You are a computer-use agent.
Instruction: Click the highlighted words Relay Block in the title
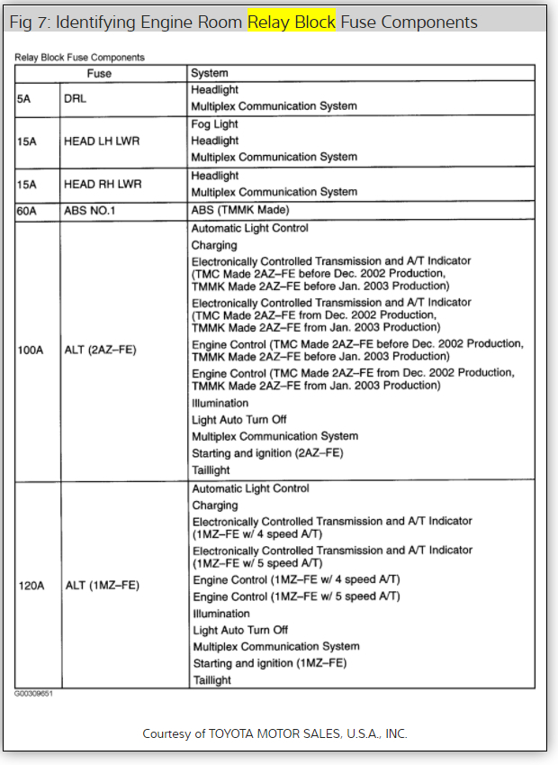click(292, 22)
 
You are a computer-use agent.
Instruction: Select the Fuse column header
click(99, 73)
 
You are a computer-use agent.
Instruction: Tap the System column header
click(210, 73)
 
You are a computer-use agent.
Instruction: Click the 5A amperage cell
click(24, 98)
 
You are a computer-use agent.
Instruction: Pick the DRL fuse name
click(75, 98)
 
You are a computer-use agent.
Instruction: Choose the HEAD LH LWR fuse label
click(102, 141)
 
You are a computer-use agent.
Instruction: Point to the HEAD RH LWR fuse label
click(103, 184)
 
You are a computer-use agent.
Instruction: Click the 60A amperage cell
click(28, 211)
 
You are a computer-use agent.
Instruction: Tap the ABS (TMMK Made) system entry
click(239, 211)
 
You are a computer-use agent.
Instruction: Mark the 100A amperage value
click(31, 349)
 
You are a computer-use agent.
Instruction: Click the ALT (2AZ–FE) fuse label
click(100, 349)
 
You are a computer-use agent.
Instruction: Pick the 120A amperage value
click(31, 586)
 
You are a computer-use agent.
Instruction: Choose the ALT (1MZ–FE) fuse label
click(102, 586)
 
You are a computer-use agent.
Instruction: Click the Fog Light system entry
click(214, 123)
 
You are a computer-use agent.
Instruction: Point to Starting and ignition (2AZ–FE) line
click(267, 453)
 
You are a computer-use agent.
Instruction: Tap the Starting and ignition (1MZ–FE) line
click(270, 663)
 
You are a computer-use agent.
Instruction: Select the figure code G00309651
click(32, 695)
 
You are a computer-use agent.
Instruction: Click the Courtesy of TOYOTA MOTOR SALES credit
click(274, 733)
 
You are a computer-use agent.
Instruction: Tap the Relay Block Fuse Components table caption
click(79, 57)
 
